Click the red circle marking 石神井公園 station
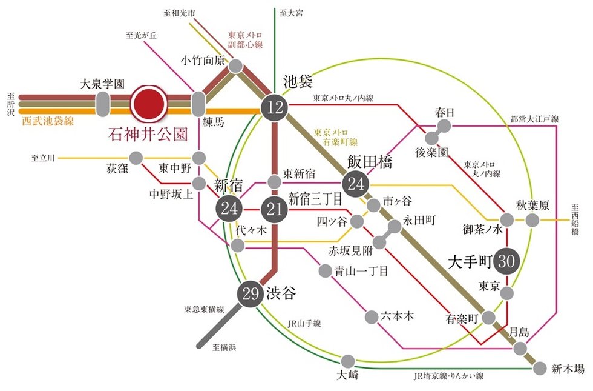click(150, 104)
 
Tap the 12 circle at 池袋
click(275, 108)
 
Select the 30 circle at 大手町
click(508, 261)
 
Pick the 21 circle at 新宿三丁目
click(275, 210)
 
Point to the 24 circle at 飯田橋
click(356, 183)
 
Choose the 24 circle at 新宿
click(229, 210)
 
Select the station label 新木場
click(568, 368)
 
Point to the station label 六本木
click(398, 316)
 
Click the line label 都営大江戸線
click(535, 119)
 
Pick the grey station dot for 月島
click(520, 349)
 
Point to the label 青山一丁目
click(361, 271)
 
